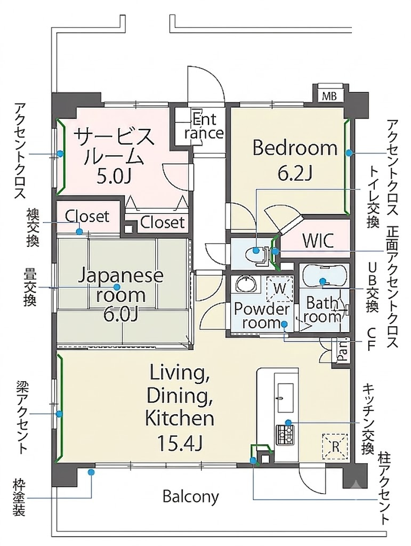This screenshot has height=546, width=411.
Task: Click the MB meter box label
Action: click(329, 96)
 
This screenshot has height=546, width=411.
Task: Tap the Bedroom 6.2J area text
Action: click(295, 160)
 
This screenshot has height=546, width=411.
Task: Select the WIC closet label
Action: click(318, 239)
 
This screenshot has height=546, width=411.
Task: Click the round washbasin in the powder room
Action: click(246, 284)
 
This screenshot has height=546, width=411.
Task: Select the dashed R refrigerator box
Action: click(335, 446)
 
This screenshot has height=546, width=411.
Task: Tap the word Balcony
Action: click(191, 497)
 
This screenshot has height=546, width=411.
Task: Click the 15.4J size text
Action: click(180, 442)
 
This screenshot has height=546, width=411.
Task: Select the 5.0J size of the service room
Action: click(114, 177)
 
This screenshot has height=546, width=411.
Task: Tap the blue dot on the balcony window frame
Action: click(91, 472)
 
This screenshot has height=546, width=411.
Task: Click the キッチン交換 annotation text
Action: click(368, 419)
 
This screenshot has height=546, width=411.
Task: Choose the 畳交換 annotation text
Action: click(30, 286)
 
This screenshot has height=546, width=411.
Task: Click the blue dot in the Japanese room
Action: click(117, 287)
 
